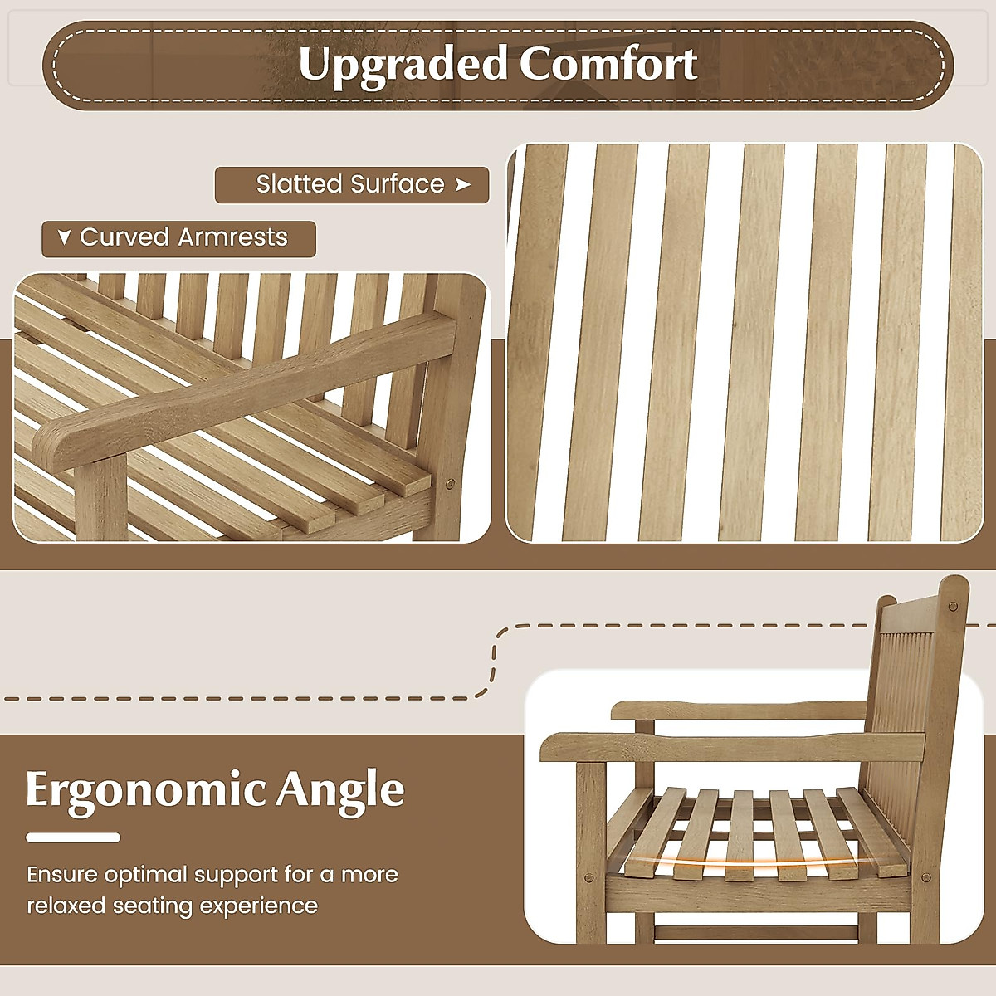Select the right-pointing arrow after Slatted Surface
point(463,184)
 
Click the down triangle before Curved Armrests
point(64,238)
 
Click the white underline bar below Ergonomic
point(73,837)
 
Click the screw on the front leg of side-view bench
point(589,876)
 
